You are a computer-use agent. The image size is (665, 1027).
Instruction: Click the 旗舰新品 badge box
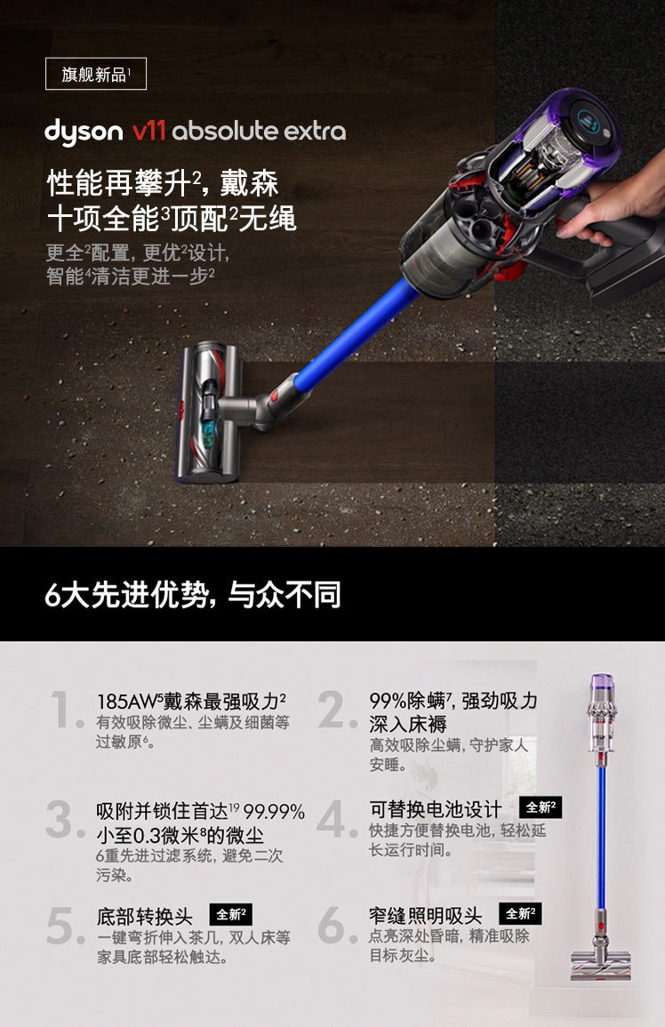[x=96, y=74]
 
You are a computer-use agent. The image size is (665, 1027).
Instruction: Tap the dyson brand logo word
[x=84, y=132]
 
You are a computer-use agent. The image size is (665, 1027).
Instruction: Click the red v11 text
[x=148, y=131]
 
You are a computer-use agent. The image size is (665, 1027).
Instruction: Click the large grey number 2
[x=338, y=710]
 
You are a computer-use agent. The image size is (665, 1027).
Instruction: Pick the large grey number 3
[x=65, y=819]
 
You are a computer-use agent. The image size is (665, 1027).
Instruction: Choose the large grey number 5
[x=66, y=926]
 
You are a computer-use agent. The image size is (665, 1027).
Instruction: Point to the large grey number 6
[x=338, y=925]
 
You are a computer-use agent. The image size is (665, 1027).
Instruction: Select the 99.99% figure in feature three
[x=274, y=812]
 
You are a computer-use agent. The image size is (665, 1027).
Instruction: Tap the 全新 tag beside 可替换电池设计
[x=541, y=807]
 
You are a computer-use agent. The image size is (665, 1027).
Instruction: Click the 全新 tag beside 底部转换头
[x=230, y=914]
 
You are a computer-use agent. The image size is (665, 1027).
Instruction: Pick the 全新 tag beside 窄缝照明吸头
[x=520, y=913]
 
